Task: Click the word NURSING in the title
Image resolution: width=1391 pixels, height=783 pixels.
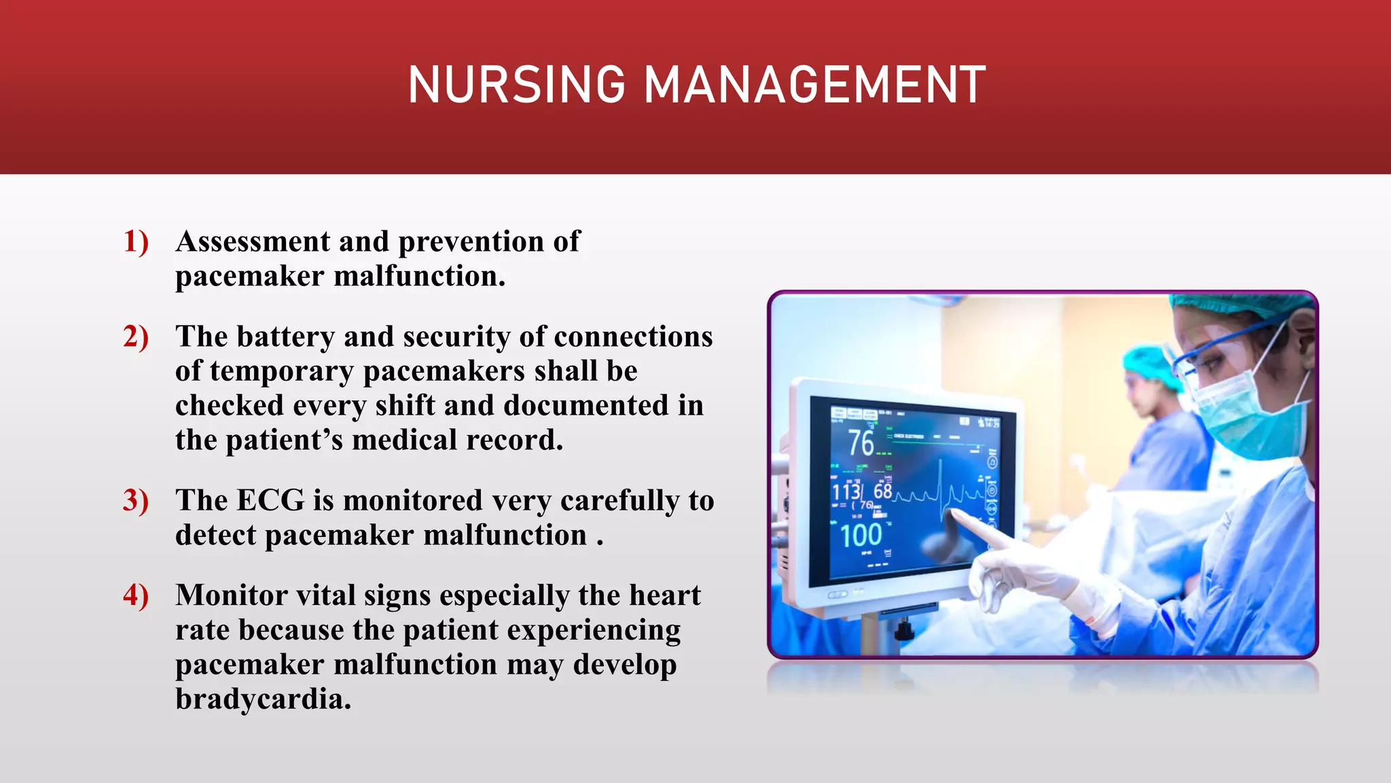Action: pos(516,85)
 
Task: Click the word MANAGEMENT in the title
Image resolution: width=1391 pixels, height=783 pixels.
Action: pos(814,85)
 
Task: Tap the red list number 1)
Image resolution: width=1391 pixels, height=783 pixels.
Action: pos(136,242)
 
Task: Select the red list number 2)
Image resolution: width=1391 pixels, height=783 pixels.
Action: pos(136,337)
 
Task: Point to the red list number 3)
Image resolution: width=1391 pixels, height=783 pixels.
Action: pos(136,501)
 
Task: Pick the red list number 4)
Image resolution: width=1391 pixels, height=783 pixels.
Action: pos(136,595)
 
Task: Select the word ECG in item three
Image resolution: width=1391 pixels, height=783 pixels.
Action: pos(270,501)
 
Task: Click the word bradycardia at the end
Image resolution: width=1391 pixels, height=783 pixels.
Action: pos(263,699)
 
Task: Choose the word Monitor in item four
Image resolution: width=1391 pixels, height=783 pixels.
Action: pos(231,595)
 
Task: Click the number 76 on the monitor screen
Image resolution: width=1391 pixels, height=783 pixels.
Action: pos(861,443)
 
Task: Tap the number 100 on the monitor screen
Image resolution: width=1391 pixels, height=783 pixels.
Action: pos(861,536)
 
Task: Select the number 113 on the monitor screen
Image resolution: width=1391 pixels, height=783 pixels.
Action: pos(846,491)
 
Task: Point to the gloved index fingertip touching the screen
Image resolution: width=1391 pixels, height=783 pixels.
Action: pos(957,515)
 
